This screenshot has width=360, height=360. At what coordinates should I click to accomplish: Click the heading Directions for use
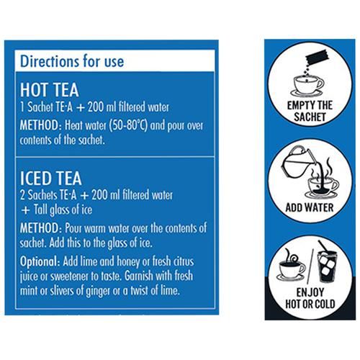[x=72, y=61]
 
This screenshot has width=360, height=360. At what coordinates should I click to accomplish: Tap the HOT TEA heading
[x=50, y=90]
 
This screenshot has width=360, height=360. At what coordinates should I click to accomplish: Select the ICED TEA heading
[x=51, y=178]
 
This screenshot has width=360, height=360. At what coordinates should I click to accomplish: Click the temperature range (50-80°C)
[x=128, y=126]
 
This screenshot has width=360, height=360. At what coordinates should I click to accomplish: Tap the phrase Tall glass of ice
[x=63, y=210]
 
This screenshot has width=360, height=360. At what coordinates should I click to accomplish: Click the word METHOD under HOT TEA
[x=40, y=125]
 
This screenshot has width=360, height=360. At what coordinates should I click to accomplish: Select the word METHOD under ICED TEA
[x=40, y=228]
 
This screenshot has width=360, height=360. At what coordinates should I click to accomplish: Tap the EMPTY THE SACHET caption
[x=310, y=111]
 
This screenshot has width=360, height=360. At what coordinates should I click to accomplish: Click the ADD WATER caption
[x=310, y=207]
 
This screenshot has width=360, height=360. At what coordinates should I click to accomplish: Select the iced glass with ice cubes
[x=328, y=266]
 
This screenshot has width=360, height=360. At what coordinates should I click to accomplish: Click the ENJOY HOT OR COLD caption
[x=310, y=298]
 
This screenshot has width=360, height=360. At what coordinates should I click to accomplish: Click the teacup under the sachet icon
[x=307, y=86]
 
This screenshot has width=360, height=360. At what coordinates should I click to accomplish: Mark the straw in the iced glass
[x=323, y=247]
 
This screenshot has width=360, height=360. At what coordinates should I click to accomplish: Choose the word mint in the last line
[x=29, y=291]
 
